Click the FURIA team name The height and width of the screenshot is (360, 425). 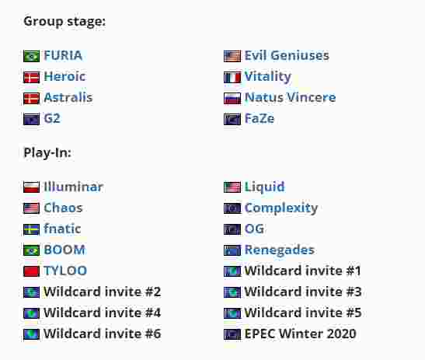click(x=63, y=56)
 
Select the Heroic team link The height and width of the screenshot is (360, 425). click(x=64, y=76)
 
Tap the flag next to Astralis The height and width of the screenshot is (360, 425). click(x=31, y=98)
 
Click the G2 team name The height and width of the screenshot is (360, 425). click(x=52, y=118)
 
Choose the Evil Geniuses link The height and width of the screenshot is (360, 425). click(x=287, y=56)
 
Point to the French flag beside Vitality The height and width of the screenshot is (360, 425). click(x=232, y=77)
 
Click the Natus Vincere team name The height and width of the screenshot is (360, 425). click(x=290, y=97)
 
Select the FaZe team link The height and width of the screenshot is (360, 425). click(x=260, y=118)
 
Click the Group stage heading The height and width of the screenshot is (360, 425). click(x=64, y=22)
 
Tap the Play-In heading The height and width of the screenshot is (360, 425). click(x=47, y=152)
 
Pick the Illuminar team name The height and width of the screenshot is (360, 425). click(x=74, y=187)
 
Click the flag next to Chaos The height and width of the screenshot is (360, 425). click(x=31, y=208)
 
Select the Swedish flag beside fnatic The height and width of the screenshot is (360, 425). click(x=31, y=229)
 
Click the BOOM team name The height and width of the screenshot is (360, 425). click(x=64, y=250)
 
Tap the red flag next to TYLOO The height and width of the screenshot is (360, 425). click(x=31, y=271)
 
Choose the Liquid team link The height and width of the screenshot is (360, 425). click(x=264, y=187)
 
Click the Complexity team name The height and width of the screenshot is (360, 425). click(x=281, y=208)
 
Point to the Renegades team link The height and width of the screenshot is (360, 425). click(x=280, y=250)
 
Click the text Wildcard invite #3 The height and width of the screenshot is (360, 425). click(x=303, y=292)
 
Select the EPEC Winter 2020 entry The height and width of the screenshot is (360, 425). click(x=301, y=334)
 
